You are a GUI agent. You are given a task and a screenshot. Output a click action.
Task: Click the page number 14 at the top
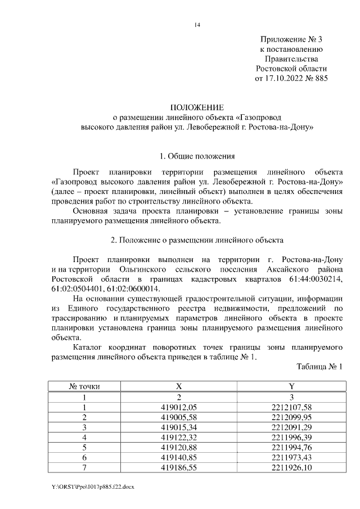[197, 25]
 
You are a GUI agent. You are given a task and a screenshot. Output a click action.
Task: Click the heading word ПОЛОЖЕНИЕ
[197, 107]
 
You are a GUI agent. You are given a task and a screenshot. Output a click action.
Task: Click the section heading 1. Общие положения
[197, 156]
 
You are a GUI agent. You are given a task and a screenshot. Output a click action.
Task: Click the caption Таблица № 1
[319, 367]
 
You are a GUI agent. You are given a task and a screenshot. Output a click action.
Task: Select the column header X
[179, 387]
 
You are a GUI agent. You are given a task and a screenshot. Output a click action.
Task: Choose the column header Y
[291, 387]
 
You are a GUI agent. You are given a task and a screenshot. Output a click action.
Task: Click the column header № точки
[84, 387]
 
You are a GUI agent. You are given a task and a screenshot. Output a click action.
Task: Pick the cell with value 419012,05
[179, 407]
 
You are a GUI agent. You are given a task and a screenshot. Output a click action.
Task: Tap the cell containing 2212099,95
[291, 417]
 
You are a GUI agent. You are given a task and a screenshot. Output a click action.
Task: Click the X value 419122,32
[179, 437]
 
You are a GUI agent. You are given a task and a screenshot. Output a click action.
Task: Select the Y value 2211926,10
[291, 467]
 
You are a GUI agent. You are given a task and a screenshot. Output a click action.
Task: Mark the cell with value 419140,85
[179, 457]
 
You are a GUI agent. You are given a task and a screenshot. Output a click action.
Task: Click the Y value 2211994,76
[291, 447]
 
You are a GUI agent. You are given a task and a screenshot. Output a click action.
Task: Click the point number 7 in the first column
[84, 467]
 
